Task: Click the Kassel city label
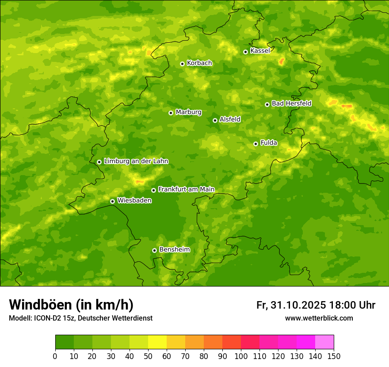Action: click(x=260, y=51)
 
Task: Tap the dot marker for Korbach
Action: click(x=182, y=64)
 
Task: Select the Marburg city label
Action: click(x=188, y=112)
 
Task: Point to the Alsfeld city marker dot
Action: click(x=215, y=120)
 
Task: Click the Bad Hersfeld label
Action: click(x=291, y=103)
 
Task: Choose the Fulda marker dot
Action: click(x=256, y=144)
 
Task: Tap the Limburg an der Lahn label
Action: click(x=136, y=161)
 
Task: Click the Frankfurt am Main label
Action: click(x=186, y=189)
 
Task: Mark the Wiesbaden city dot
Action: click(x=112, y=201)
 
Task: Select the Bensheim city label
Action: click(x=174, y=249)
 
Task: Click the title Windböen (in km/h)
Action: click(x=71, y=305)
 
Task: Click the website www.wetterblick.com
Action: click(x=319, y=318)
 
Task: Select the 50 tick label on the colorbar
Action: click(x=148, y=356)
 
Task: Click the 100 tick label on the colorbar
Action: click(x=241, y=356)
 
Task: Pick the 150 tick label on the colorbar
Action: click(x=334, y=356)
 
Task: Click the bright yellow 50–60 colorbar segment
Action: click(x=157, y=342)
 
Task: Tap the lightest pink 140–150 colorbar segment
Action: click(x=324, y=342)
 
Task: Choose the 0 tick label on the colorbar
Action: click(x=55, y=356)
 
